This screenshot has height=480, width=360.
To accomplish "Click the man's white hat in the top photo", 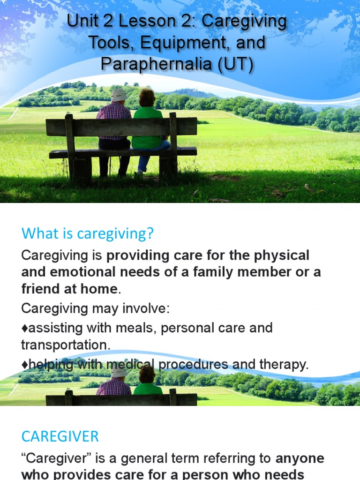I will (119, 95).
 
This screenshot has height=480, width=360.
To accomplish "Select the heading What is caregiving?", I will (88, 233).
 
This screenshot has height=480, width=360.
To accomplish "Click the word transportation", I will (66, 345).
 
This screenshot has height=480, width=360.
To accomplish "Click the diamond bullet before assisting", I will (24, 328).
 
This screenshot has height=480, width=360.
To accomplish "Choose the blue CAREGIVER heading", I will (60, 436).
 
